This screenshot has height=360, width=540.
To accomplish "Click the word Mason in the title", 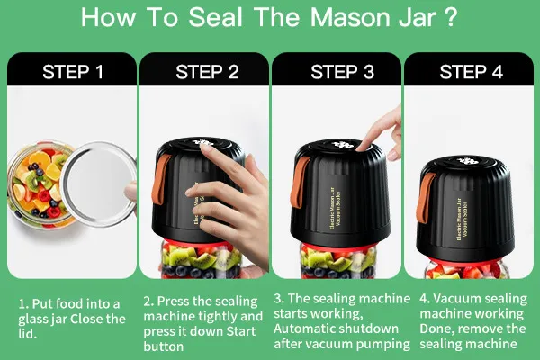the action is click(352, 17).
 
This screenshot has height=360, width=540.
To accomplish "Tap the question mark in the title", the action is click(450, 17).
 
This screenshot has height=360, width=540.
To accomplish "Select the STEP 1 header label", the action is click(73, 72).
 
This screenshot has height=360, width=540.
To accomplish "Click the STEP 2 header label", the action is click(207, 72).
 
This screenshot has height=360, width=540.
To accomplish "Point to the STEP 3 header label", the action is click(342, 72).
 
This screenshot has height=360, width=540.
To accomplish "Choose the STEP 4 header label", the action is click(471, 72).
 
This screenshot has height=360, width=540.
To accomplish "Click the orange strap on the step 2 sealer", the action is click(160, 179).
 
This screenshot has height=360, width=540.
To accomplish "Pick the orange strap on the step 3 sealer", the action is click(299, 183).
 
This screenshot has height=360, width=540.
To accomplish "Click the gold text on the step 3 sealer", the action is click(334, 211).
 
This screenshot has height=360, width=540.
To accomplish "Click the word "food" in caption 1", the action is click(69, 303).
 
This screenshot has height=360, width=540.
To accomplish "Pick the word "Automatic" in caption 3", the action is click(301, 328).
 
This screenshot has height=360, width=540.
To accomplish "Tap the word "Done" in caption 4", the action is click(435, 328).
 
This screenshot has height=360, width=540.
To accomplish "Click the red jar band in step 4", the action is click(465, 263).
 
